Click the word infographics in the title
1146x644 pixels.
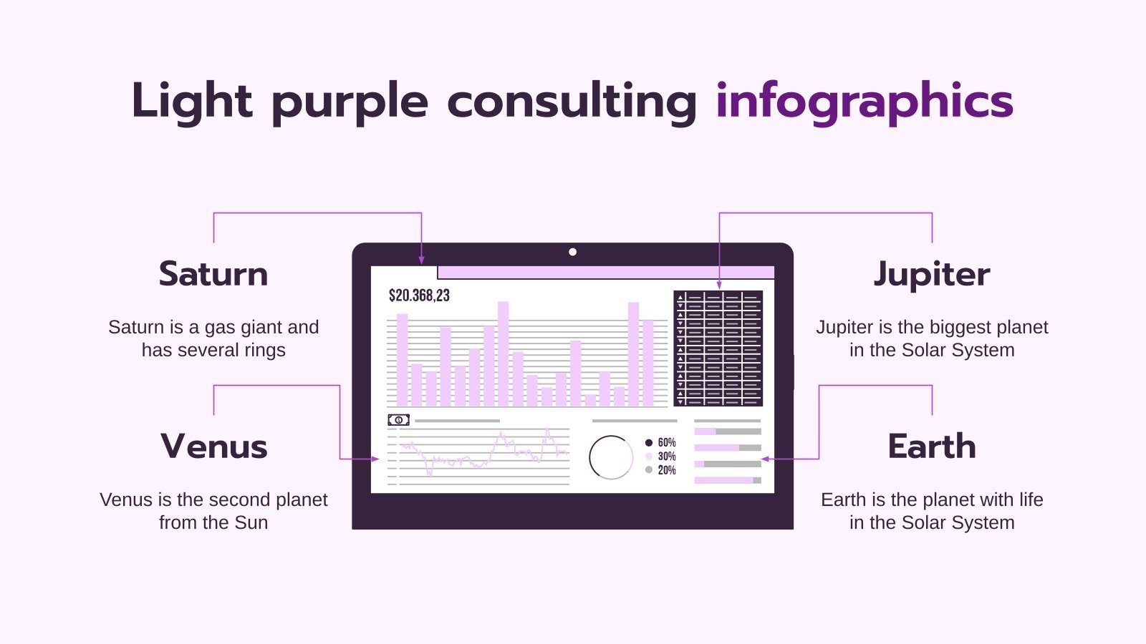click(864, 102)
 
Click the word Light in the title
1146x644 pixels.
click(191, 102)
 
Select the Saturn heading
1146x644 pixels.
click(213, 274)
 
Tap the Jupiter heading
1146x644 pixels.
click(932, 274)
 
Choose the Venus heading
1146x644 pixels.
click(213, 447)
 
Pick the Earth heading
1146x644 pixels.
click(932, 447)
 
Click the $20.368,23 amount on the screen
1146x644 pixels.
click(419, 296)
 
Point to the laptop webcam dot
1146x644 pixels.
click(572, 252)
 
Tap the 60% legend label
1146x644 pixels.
click(666, 443)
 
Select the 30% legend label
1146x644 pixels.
click(666, 457)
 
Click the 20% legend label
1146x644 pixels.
click(666, 470)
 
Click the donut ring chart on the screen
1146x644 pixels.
click(610, 457)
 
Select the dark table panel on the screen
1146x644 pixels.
click(718, 348)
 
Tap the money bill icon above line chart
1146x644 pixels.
click(398, 420)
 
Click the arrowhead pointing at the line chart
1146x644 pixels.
click(375, 459)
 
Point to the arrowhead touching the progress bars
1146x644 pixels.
click(765, 459)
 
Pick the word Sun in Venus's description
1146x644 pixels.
click(251, 522)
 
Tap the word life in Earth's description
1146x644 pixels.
click(1030, 499)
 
